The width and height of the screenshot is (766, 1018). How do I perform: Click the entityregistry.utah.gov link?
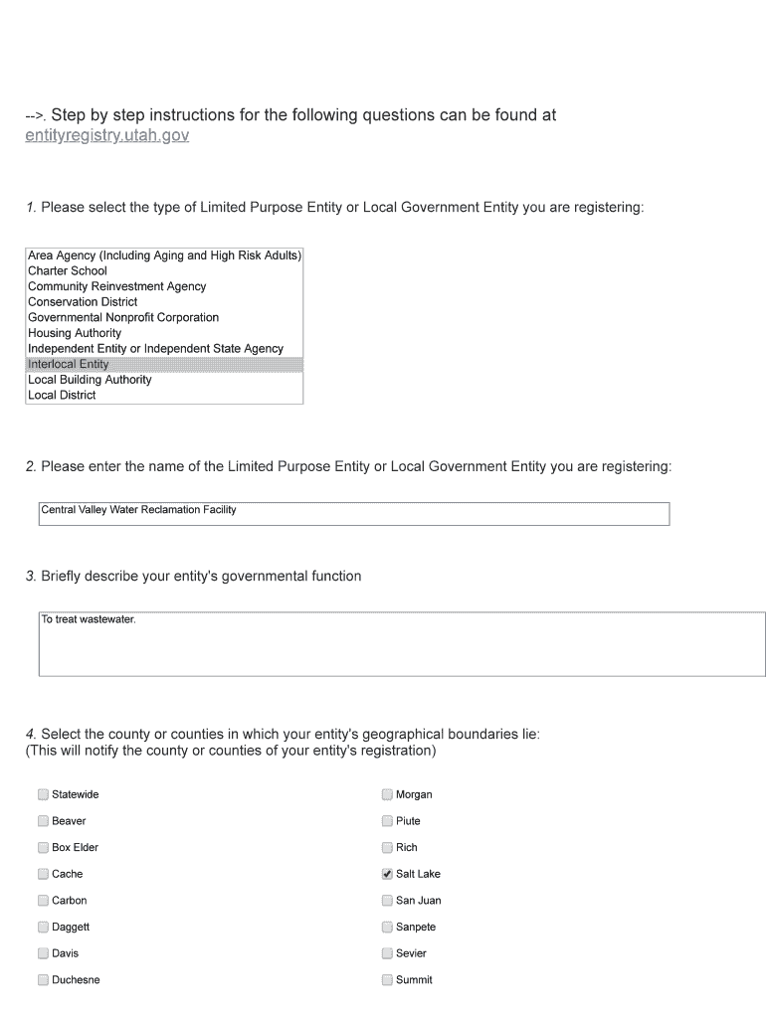(x=106, y=135)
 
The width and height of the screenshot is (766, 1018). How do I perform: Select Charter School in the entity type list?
(x=68, y=270)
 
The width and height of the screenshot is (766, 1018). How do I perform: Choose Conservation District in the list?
(x=83, y=302)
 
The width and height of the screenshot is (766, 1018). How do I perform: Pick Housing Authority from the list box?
(x=75, y=333)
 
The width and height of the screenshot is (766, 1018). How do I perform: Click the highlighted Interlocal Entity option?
(x=69, y=364)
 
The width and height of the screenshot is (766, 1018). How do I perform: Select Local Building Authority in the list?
(x=90, y=380)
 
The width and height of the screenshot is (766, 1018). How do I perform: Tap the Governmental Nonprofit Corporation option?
(x=123, y=317)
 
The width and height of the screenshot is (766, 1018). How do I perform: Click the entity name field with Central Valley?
(x=353, y=513)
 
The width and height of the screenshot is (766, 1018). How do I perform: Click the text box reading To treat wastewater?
(x=402, y=644)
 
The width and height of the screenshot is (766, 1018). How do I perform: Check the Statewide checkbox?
(x=43, y=794)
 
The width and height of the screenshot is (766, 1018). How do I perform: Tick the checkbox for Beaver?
(x=43, y=821)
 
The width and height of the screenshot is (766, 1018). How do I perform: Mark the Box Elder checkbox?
(x=43, y=848)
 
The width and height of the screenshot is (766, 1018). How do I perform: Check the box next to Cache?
(x=43, y=874)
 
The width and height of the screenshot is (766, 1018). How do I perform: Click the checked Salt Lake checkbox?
(x=387, y=874)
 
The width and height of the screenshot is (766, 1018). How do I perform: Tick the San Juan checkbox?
(x=387, y=901)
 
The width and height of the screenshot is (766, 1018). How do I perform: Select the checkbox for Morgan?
(x=387, y=794)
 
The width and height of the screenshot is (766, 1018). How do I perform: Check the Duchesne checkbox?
(x=43, y=980)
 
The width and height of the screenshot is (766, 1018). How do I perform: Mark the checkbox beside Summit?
(x=387, y=980)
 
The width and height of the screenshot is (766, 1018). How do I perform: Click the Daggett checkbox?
(x=43, y=928)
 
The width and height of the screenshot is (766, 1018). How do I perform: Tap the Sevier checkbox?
(x=387, y=953)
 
